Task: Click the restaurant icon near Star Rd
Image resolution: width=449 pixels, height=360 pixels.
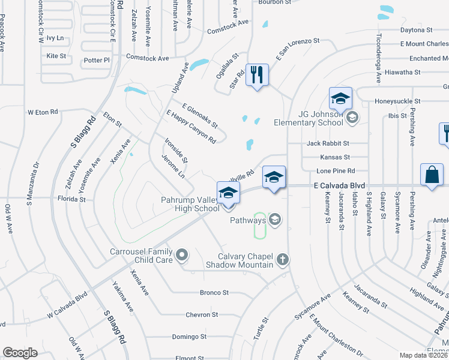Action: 257,75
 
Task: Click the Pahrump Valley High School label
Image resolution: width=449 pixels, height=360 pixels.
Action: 190,204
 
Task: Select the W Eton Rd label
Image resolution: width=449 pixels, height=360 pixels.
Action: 43,112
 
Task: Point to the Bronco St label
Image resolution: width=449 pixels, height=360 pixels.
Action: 214,293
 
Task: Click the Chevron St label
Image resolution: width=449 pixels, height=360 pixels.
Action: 202,314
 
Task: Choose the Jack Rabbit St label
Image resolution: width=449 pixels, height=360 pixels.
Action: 328,144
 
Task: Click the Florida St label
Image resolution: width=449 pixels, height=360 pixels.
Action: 72,198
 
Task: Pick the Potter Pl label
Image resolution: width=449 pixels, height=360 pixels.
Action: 97,60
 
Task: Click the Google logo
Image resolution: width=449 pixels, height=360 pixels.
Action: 20,353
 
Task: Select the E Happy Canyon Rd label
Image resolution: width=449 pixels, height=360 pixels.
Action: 191,127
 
